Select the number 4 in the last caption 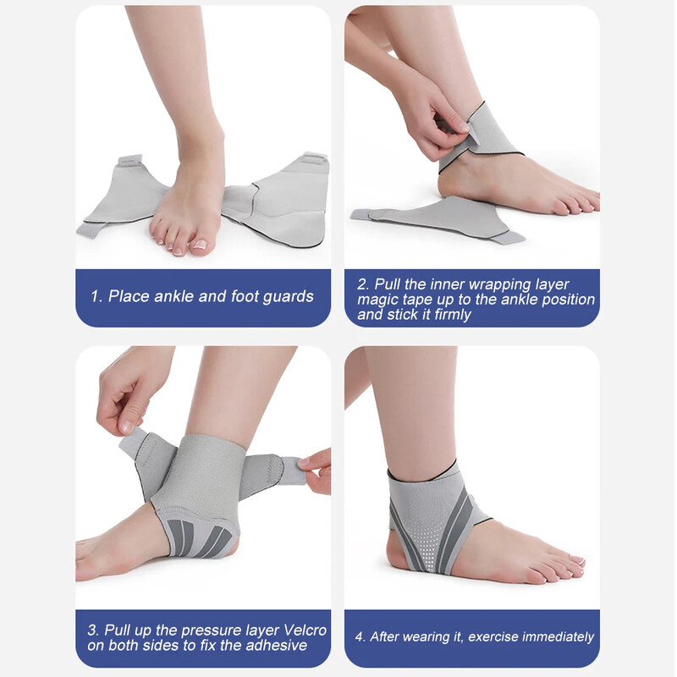coord(360,636)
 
